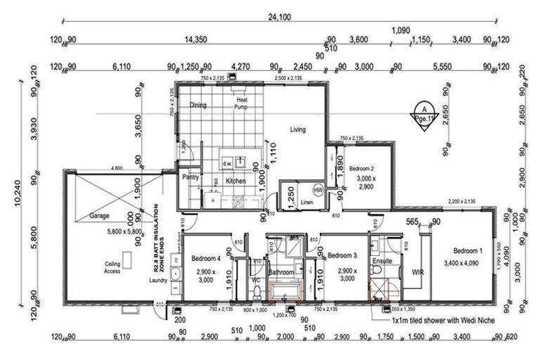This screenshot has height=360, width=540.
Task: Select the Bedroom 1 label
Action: point(468,251)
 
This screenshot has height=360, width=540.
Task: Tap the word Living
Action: point(298,129)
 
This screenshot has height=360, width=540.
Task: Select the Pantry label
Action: point(191,179)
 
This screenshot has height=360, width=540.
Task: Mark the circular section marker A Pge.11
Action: point(423,113)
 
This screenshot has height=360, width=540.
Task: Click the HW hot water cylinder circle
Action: point(318,190)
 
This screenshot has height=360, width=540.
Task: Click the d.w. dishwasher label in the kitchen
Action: point(228,163)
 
